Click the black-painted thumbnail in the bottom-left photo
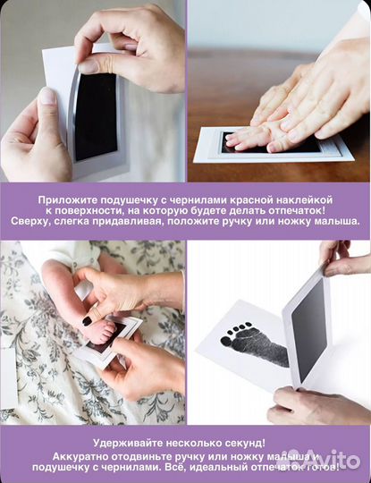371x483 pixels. click(x=88, y=320)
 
